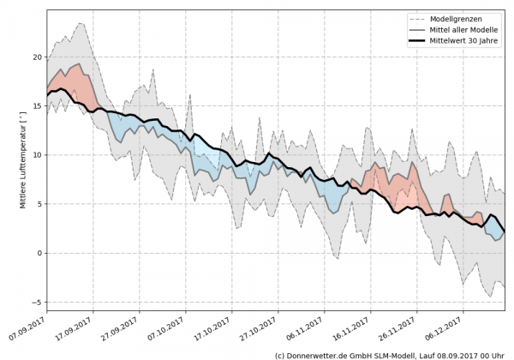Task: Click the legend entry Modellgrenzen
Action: click(x=460, y=18)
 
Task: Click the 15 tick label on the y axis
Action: click(x=36, y=106)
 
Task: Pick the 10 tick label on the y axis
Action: click(x=36, y=155)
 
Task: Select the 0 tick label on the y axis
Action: click(x=39, y=253)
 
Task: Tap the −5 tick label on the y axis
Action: click(x=36, y=302)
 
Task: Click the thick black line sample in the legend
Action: click(x=415, y=40)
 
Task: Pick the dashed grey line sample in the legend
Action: click(x=415, y=18)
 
